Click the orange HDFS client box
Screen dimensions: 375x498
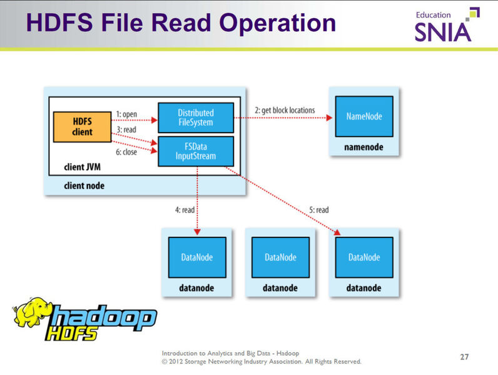(82, 127)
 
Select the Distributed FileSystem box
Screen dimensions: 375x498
(195, 117)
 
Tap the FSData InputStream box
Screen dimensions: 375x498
(195, 151)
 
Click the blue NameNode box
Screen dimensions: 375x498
(363, 117)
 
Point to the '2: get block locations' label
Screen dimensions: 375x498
(285, 110)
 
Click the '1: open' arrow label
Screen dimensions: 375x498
(126, 115)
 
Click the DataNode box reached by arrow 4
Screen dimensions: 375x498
(196, 257)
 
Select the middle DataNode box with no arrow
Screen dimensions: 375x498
(280, 257)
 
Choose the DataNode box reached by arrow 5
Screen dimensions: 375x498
(363, 257)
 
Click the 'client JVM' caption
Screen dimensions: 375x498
(83, 167)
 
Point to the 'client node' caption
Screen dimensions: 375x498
(84, 186)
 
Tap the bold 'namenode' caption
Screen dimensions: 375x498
(363, 147)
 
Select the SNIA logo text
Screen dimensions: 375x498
(442, 31)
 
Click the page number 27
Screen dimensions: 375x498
(464, 357)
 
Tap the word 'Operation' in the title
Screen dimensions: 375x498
(268, 22)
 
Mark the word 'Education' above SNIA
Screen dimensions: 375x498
(433, 14)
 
